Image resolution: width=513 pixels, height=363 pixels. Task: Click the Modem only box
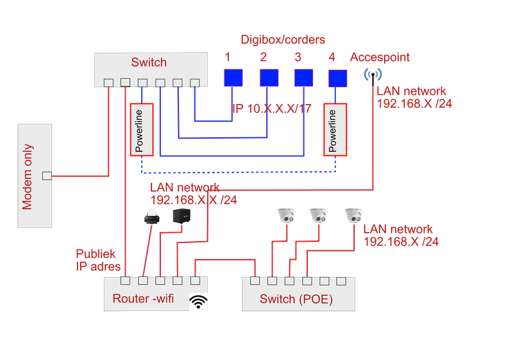[35, 176]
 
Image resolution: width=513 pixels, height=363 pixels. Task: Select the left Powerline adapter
[141, 128]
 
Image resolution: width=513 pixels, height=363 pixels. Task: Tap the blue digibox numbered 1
[233, 78]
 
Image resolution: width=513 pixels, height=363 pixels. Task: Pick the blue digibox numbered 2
[269, 78]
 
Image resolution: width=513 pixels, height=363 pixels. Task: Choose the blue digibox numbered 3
[304, 78]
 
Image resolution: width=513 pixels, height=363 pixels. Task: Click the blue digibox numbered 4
[337, 78]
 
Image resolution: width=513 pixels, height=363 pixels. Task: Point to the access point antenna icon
[371, 77]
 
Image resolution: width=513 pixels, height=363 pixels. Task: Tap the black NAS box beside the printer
[181, 217]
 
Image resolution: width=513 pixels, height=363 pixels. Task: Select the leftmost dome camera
[286, 215]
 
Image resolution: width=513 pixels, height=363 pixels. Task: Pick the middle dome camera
[319, 215]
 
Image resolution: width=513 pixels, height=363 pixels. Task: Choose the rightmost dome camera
[353, 215]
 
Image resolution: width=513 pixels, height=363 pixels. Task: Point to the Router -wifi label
[143, 298]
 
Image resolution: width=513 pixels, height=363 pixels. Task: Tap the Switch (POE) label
[296, 299]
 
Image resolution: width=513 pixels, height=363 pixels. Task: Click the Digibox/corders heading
[282, 40]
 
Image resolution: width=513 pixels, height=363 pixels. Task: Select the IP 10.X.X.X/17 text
[273, 108]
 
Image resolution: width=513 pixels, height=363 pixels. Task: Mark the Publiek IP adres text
[97, 259]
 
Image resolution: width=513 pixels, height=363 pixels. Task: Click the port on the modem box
[46, 176]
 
